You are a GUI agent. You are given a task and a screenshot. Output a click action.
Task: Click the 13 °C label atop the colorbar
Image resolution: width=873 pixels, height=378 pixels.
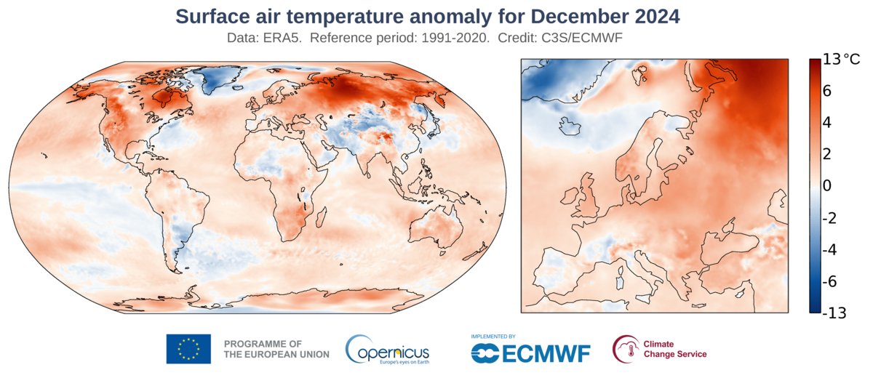840,60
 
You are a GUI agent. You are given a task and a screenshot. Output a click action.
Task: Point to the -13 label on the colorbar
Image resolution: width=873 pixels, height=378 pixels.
833,313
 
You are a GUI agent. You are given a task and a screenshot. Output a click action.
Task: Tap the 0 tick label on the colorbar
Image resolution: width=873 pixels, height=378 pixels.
826,186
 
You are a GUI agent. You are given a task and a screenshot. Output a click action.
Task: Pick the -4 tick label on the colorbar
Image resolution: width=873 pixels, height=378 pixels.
830,249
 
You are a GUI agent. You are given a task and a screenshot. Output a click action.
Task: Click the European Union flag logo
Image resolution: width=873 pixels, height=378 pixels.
188,349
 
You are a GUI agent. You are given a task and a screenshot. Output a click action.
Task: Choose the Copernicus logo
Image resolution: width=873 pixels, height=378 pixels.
387,349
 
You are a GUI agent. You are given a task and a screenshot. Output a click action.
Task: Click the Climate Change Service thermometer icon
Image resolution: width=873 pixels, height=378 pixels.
624,349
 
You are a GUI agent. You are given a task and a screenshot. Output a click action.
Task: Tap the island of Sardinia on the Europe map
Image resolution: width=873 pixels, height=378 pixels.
619,276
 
